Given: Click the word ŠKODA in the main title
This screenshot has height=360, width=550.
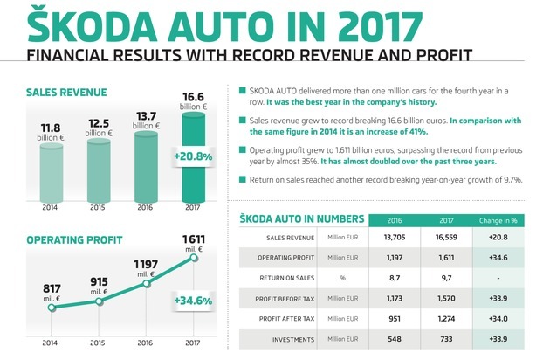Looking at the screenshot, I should (x=79, y=23).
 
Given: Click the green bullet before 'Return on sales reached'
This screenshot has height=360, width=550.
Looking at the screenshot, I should (x=240, y=180).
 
